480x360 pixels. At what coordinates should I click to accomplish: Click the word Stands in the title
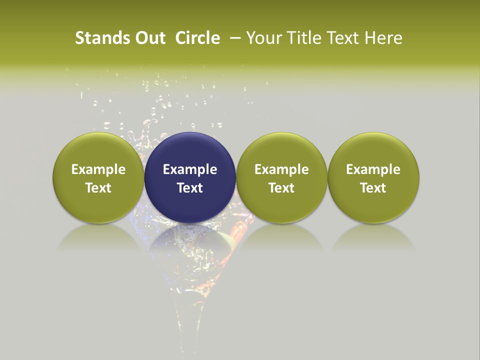click(95, 38)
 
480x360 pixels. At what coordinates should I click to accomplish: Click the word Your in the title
click(263, 38)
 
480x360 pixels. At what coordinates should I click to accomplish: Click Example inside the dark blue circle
click(190, 169)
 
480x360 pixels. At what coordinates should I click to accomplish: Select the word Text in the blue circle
click(190, 188)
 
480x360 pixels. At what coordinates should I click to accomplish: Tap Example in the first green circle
click(98, 169)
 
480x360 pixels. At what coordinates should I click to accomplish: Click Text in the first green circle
click(98, 188)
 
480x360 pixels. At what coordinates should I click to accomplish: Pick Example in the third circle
click(281, 169)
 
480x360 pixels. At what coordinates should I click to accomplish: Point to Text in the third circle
click(281, 188)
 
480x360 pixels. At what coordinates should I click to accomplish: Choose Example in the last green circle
click(373, 169)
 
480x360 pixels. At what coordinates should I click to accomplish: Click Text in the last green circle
click(373, 188)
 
